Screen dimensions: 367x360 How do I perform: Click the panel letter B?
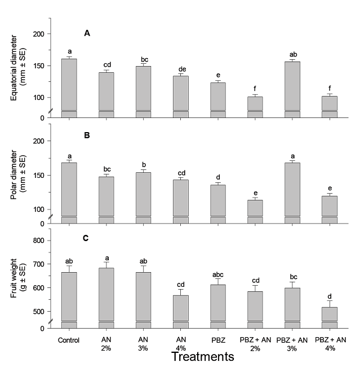coord(87,136)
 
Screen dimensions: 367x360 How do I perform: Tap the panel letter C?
coord(87,238)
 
